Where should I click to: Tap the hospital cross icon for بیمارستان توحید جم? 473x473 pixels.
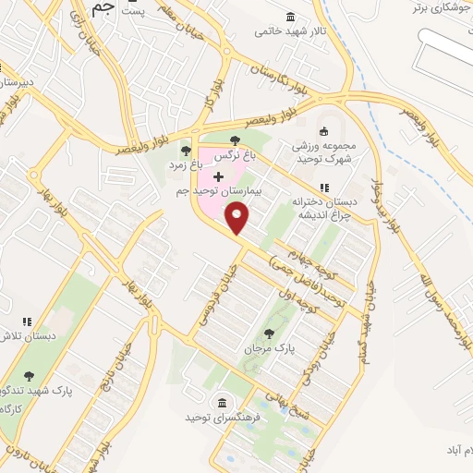point(218,176)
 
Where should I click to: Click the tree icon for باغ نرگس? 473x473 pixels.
point(235,141)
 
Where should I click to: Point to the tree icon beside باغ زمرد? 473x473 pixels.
point(186,151)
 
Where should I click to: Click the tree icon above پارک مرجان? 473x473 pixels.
point(269,334)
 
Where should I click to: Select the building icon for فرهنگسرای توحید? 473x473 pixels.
point(222,402)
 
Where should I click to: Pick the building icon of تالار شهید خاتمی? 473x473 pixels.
point(292,18)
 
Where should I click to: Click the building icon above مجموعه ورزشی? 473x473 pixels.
point(322,130)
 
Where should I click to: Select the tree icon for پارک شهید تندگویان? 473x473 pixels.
point(29,376)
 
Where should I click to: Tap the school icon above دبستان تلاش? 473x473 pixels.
point(27,321)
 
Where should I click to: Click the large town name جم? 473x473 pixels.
point(104,9)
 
